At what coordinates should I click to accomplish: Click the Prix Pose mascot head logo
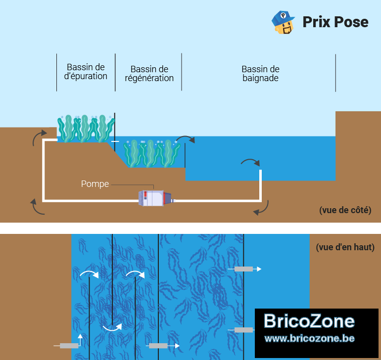[x=283, y=22]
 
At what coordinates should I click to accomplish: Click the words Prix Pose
[x=335, y=22]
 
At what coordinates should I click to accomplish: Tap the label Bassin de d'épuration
[x=86, y=71]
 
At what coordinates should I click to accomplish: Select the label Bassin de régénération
[x=149, y=74]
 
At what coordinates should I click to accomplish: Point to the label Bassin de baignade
[x=260, y=74]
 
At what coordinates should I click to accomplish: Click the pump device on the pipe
[x=155, y=198]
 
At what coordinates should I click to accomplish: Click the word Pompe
[x=95, y=184]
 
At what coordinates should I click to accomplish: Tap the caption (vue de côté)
[x=345, y=210]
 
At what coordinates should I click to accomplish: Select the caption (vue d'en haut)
[x=345, y=247]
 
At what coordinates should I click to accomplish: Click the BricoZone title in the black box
[x=309, y=321]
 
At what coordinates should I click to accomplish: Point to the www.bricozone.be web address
[x=309, y=338]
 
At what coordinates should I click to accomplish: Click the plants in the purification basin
[x=86, y=129]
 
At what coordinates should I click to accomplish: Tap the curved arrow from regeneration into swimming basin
[x=185, y=137]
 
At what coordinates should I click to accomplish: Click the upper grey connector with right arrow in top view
[x=244, y=269]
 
